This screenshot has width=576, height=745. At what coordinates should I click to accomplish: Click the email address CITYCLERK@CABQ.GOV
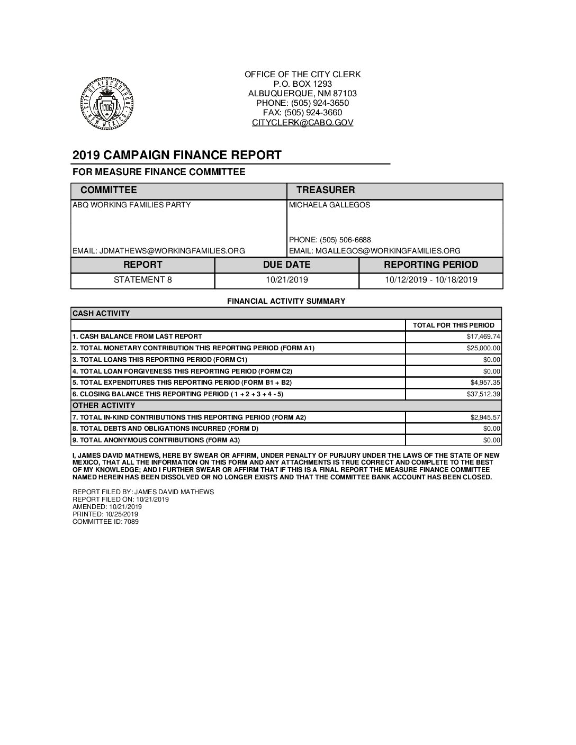pos(302,122)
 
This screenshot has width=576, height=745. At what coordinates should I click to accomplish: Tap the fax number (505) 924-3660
pos(302,113)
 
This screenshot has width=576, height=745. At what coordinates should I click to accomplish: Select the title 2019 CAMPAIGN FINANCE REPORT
pos(177,155)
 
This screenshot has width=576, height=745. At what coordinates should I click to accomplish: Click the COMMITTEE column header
pos(109,190)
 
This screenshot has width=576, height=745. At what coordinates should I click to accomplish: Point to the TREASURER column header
pos(325,190)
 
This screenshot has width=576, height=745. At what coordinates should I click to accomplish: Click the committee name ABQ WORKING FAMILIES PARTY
pos(131,205)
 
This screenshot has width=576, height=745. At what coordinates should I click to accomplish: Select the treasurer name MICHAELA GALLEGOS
pos(330,205)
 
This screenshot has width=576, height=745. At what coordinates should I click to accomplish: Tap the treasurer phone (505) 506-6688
pos(330,240)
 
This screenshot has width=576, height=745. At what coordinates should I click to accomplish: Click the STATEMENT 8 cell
pos(143,280)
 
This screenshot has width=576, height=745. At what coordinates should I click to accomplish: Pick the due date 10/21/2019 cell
pos(286,280)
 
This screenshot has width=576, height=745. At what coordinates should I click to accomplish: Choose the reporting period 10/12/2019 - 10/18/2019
pos(431,280)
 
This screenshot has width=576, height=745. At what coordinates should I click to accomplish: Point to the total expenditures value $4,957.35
pos(485,382)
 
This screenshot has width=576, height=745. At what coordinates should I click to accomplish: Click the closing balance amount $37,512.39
pos(483,394)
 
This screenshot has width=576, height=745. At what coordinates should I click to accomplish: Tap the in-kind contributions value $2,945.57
pos(485,417)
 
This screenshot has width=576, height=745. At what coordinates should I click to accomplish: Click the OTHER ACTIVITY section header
pos(104,405)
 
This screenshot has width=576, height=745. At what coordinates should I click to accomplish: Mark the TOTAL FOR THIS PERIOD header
pos(453,325)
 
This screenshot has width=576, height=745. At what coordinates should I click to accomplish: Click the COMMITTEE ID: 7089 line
pos(105,521)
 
